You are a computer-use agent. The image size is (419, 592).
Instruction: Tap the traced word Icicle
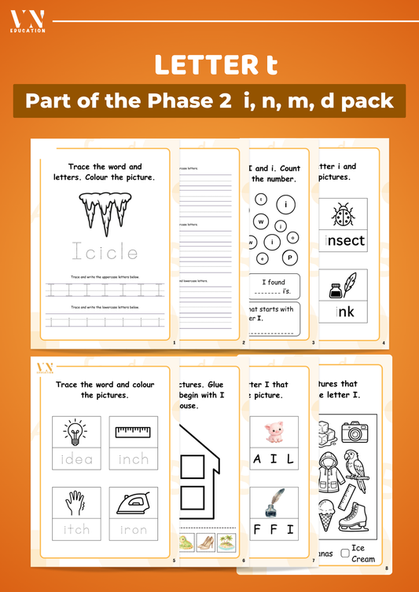105,252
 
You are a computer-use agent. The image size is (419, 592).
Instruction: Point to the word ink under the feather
345,312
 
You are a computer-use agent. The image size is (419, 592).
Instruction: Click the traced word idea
76,459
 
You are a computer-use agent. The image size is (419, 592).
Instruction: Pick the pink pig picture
273,433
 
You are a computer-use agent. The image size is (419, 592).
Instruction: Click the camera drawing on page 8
355,433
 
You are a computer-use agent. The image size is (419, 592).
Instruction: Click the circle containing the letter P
290,258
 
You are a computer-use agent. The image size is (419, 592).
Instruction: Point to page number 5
174,560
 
